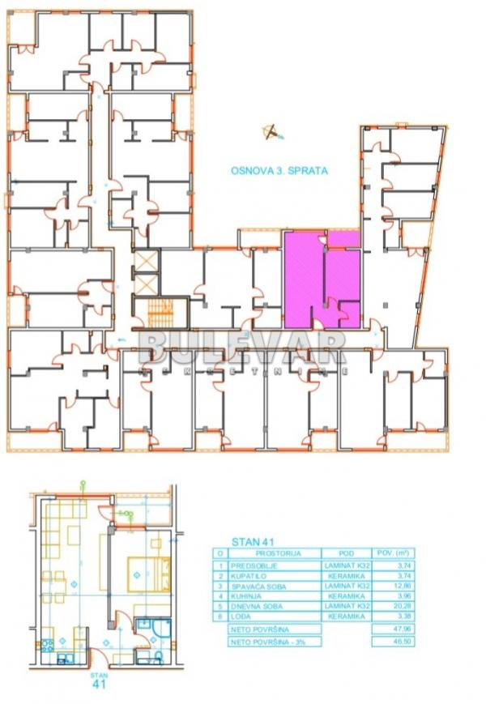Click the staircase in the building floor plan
coord(161,312)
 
